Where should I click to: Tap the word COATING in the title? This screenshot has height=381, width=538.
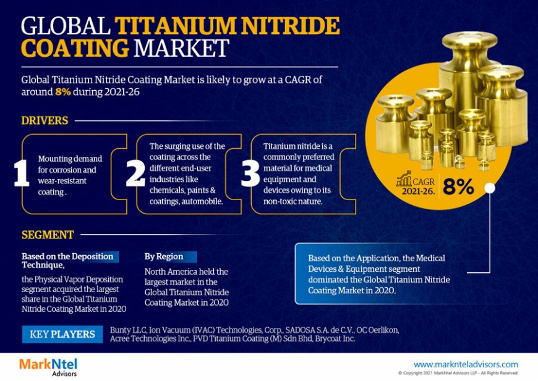[x=75, y=49]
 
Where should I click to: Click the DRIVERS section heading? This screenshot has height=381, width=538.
[x=45, y=120]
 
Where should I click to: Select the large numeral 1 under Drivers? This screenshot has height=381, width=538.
[x=21, y=174]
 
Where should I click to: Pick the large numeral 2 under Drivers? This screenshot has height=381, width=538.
[x=135, y=174]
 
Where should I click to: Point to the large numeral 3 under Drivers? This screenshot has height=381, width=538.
[x=250, y=174]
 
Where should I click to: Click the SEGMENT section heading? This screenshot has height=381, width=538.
[x=48, y=235]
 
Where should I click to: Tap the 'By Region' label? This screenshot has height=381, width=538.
[x=164, y=256]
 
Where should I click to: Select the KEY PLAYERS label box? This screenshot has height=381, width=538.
[x=62, y=335]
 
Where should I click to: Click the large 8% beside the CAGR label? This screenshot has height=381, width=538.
[x=458, y=186]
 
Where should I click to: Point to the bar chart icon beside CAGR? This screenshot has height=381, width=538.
[x=404, y=180]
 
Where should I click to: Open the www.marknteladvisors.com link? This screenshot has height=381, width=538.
[x=466, y=364]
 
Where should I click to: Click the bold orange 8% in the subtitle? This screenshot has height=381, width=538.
[x=63, y=91]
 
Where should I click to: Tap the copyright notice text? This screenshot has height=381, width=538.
[x=458, y=373]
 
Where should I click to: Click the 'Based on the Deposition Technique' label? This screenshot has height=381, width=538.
[x=67, y=261]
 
